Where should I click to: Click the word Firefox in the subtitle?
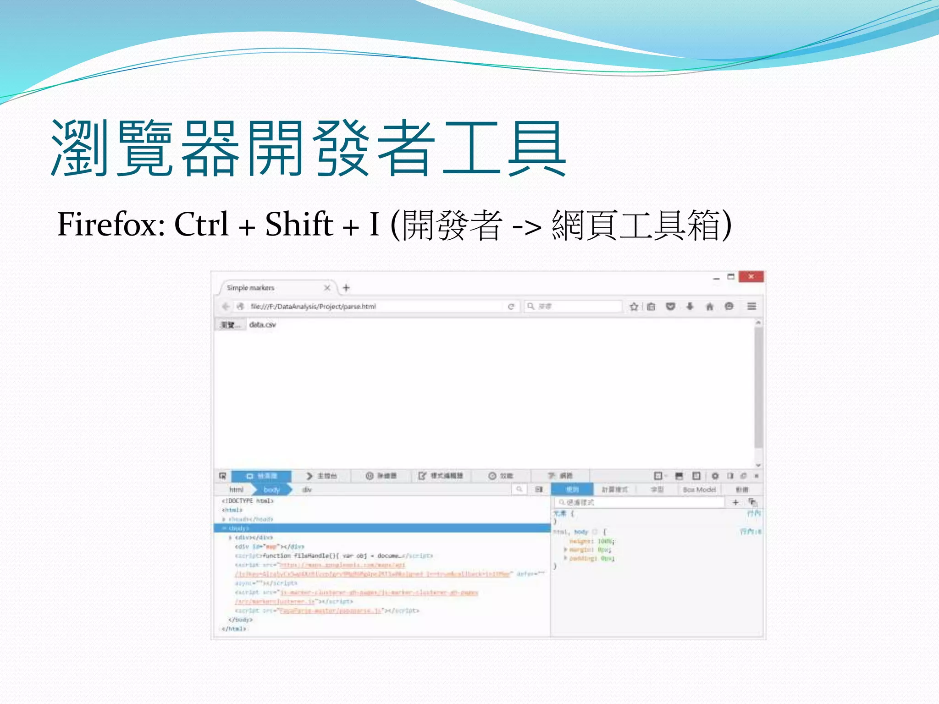[110, 225]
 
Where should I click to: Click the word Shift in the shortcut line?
[299, 225]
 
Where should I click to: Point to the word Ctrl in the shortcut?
[201, 225]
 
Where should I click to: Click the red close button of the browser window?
[751, 277]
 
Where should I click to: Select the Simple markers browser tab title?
[251, 288]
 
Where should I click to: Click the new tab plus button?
[346, 288]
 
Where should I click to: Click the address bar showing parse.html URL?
[367, 306]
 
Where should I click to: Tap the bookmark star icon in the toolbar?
[634, 306]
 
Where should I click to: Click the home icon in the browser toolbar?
[709, 306]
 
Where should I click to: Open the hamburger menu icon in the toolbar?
[751, 306]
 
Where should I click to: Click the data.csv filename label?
[263, 324]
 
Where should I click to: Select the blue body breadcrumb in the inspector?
[272, 489]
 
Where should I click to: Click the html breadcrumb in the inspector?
[237, 489]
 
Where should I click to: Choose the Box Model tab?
[699, 489]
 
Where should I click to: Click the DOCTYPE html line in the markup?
[248, 501]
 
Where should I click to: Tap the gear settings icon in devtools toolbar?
[715, 476]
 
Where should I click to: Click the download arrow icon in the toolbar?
[690, 306]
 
